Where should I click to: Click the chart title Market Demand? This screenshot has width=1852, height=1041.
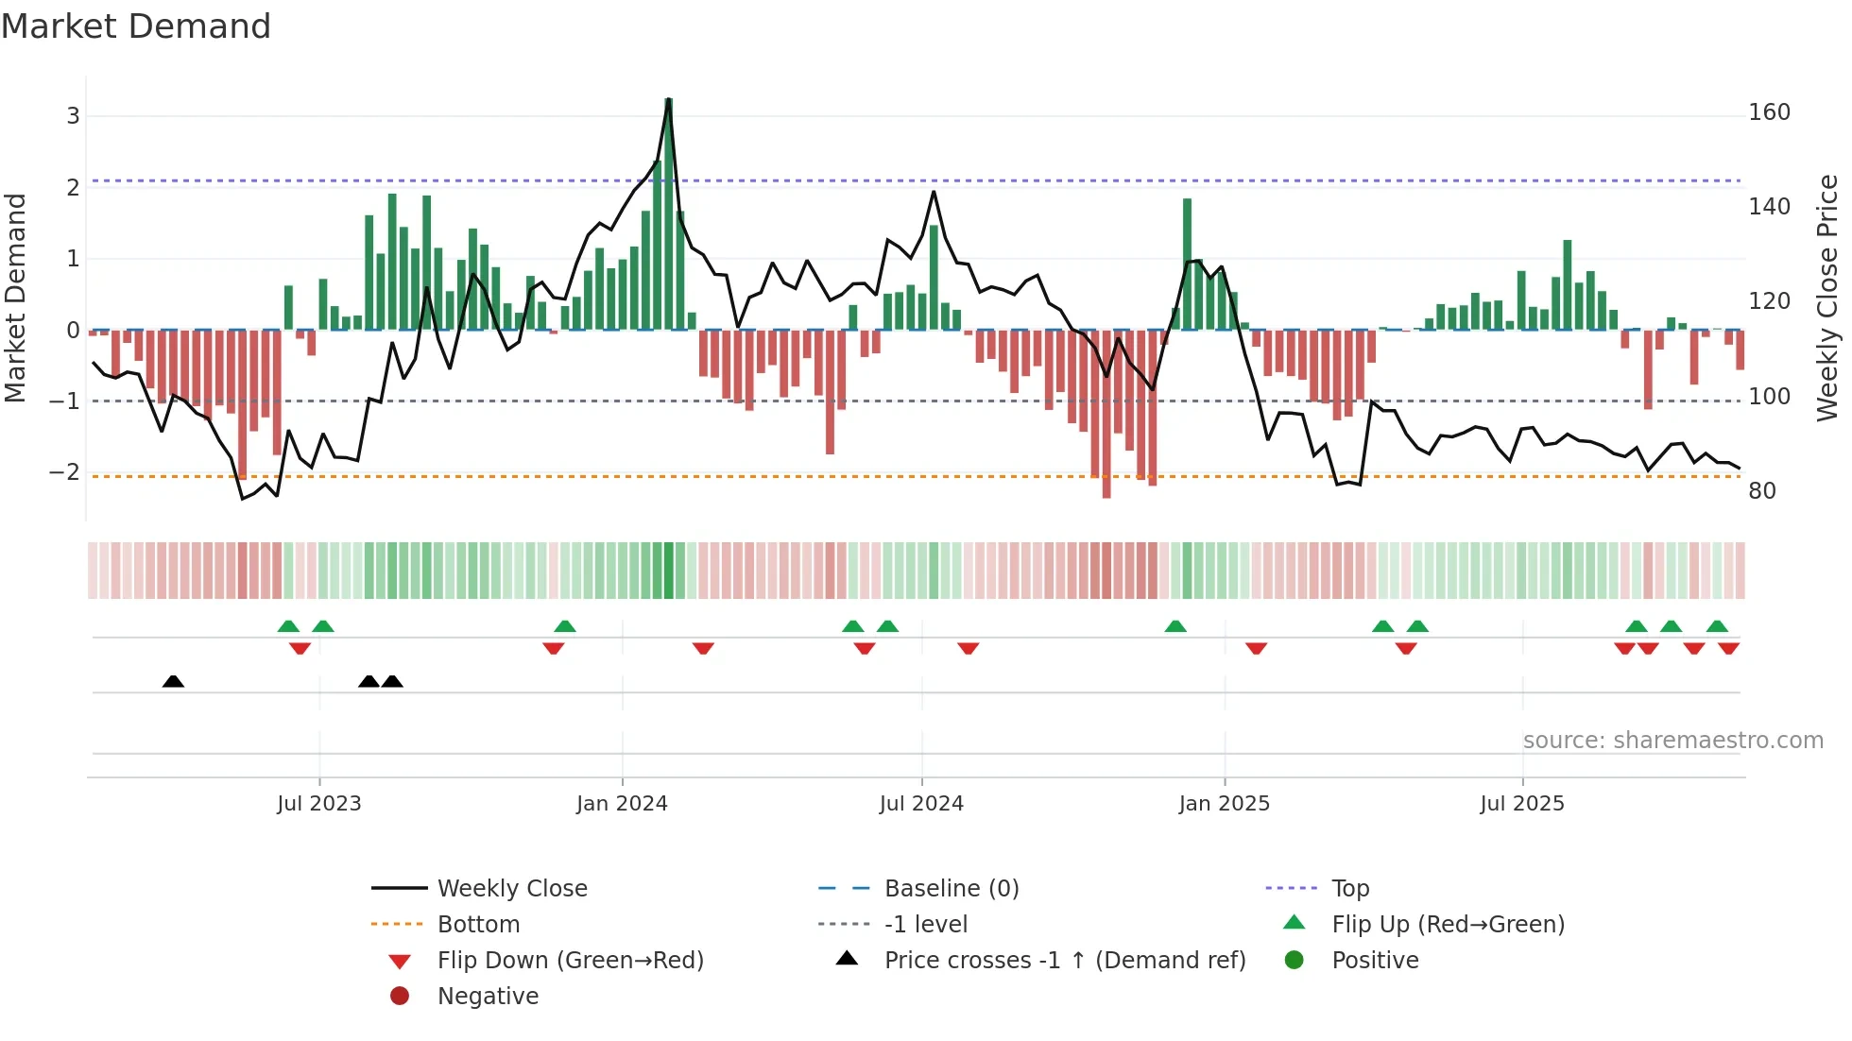click(136, 26)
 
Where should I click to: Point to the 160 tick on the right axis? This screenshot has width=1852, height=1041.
click(1769, 112)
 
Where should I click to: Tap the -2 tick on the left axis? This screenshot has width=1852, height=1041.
click(64, 471)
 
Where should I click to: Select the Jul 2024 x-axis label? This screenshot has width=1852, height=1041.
click(921, 804)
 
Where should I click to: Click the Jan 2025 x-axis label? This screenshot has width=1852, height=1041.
click(1224, 804)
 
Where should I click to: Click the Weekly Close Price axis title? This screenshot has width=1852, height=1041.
click(1827, 298)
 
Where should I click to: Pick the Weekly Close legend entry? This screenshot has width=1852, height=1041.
click(511, 888)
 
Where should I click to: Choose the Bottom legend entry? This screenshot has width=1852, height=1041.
click(478, 924)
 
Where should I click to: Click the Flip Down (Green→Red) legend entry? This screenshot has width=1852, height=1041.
click(570, 960)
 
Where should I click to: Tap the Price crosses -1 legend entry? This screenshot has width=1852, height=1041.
click(1064, 960)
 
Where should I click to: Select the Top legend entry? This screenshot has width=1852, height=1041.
click(1350, 888)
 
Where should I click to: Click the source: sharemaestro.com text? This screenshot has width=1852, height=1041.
click(1672, 740)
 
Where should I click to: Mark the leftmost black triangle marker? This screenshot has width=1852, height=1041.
click(173, 681)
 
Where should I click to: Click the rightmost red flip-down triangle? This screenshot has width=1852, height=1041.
click(1728, 648)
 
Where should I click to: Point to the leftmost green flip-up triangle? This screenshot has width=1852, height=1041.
click(288, 626)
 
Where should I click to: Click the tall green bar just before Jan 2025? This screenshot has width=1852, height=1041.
click(1187, 265)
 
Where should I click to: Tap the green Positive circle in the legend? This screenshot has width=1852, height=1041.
click(1295, 960)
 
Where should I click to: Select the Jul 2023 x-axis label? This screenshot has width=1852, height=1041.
click(319, 804)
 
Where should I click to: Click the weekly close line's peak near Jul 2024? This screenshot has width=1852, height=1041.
click(934, 193)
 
